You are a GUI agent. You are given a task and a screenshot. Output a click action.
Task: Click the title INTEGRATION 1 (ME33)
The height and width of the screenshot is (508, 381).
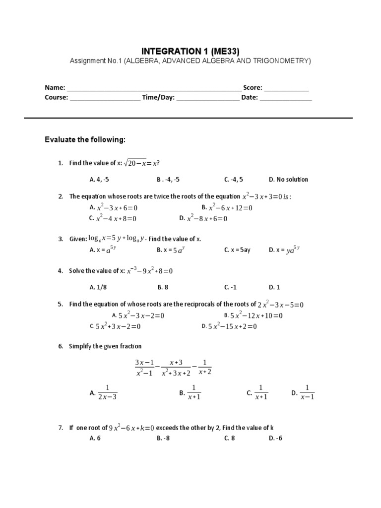(x=190, y=51)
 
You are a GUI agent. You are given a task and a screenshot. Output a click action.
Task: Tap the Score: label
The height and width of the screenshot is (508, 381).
(x=253, y=88)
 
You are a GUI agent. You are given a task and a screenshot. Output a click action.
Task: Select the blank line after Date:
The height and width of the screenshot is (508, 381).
(x=286, y=99)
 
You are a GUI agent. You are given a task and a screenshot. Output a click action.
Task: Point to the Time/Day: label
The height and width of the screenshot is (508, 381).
(x=158, y=97)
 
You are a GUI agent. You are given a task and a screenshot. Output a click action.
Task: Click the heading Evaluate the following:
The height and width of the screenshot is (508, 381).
(x=85, y=140)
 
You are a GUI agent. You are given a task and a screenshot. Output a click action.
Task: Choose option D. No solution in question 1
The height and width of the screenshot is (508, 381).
(x=288, y=180)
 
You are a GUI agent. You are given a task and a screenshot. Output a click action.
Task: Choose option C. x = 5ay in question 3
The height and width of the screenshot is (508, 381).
(x=237, y=250)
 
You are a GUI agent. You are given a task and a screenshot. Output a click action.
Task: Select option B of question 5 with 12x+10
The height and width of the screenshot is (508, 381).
(x=253, y=316)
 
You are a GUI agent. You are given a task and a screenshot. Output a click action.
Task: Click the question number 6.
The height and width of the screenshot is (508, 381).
(x=60, y=346)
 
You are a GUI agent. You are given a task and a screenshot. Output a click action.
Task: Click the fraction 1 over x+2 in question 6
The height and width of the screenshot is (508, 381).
(x=205, y=367)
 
